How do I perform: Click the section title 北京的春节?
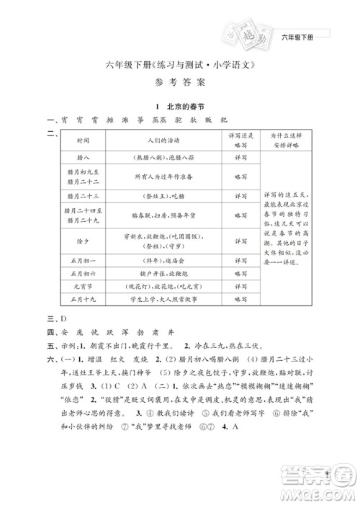tap(185, 105)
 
